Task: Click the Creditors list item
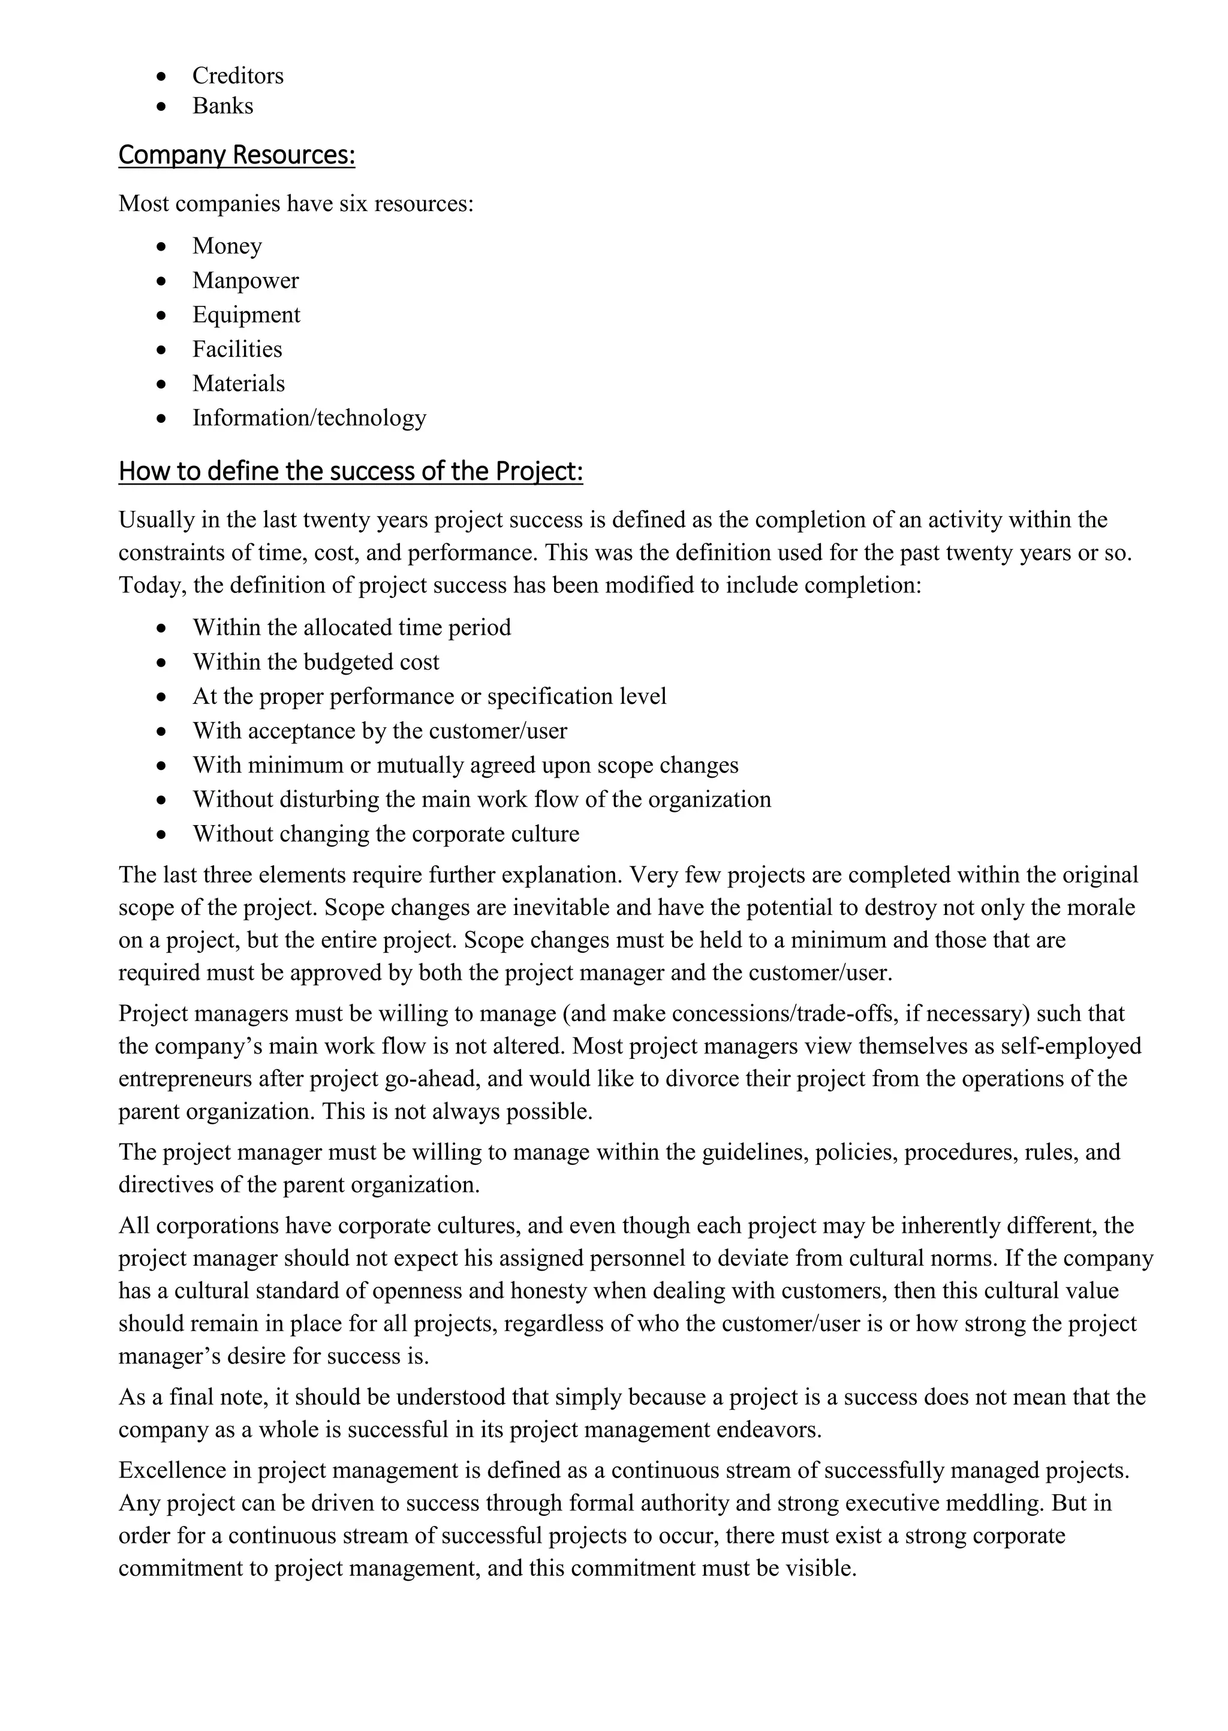[x=237, y=76]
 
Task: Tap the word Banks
[x=222, y=106]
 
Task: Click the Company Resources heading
[x=237, y=155]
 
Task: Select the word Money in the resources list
[x=227, y=246]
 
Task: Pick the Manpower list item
[x=245, y=281]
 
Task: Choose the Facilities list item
[x=237, y=349]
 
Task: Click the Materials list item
[x=238, y=383]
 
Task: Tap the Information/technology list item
[x=309, y=418]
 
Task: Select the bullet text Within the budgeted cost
[x=315, y=662]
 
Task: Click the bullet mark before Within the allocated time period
[x=161, y=628]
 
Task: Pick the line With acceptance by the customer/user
[x=380, y=731]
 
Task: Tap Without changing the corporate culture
[x=386, y=834]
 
